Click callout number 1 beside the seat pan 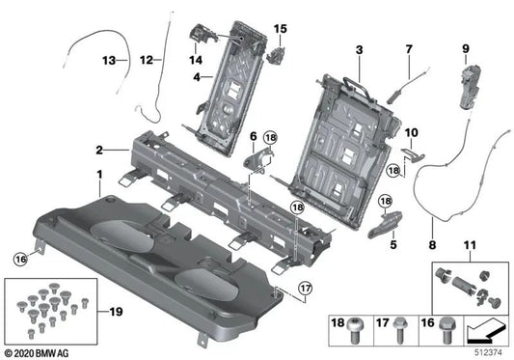pos(98,175)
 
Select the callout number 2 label pos(98,151)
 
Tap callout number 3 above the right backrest pos(359,49)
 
